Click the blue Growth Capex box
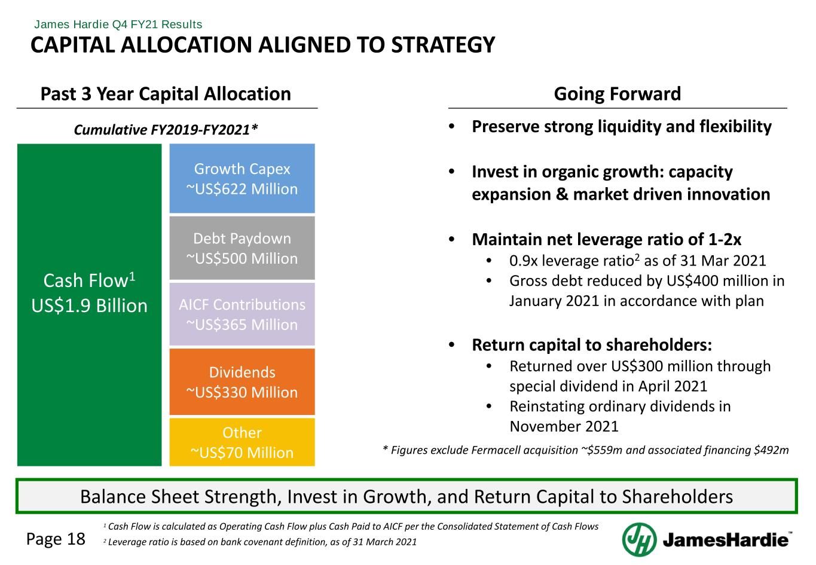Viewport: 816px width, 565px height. click(242, 179)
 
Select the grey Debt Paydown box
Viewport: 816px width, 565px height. click(242, 248)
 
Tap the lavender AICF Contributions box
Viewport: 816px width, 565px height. click(242, 314)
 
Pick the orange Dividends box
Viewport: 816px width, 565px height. click(242, 382)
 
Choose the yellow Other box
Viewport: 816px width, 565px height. click(242, 442)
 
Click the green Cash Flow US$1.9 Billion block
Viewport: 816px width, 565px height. click(90, 305)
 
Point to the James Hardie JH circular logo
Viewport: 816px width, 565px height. click(639, 539)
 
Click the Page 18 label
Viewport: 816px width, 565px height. click(56, 539)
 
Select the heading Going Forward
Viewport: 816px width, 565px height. click(618, 94)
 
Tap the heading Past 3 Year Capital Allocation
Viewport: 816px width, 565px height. click(166, 94)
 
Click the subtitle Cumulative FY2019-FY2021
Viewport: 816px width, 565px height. click(166, 129)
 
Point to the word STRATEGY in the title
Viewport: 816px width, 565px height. click(444, 45)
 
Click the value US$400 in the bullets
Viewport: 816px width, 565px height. click(692, 281)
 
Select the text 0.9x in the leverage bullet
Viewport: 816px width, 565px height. click(524, 261)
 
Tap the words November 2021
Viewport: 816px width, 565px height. click(564, 426)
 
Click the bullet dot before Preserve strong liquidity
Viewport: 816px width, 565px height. click(452, 127)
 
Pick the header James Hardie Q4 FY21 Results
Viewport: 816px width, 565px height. click(118, 25)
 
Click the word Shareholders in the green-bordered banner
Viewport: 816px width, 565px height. click(677, 497)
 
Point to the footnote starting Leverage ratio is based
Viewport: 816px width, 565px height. click(260, 542)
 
